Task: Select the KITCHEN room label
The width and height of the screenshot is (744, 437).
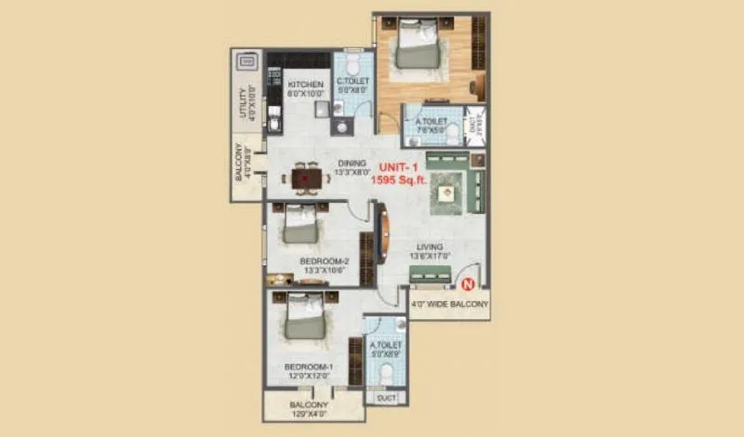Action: coord(304,85)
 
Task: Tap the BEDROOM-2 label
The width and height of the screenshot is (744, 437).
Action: coord(324,261)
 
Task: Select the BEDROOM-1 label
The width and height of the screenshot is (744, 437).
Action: coord(308,367)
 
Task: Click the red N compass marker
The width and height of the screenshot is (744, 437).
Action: coord(469,285)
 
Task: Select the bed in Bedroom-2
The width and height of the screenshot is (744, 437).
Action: coord(299,224)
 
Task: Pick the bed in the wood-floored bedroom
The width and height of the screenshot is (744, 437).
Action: coord(414,46)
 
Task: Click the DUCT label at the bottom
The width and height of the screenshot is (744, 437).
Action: coord(385,397)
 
